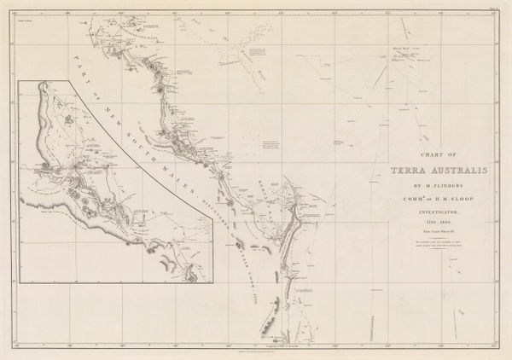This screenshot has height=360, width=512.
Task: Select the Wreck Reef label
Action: (402, 49)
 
